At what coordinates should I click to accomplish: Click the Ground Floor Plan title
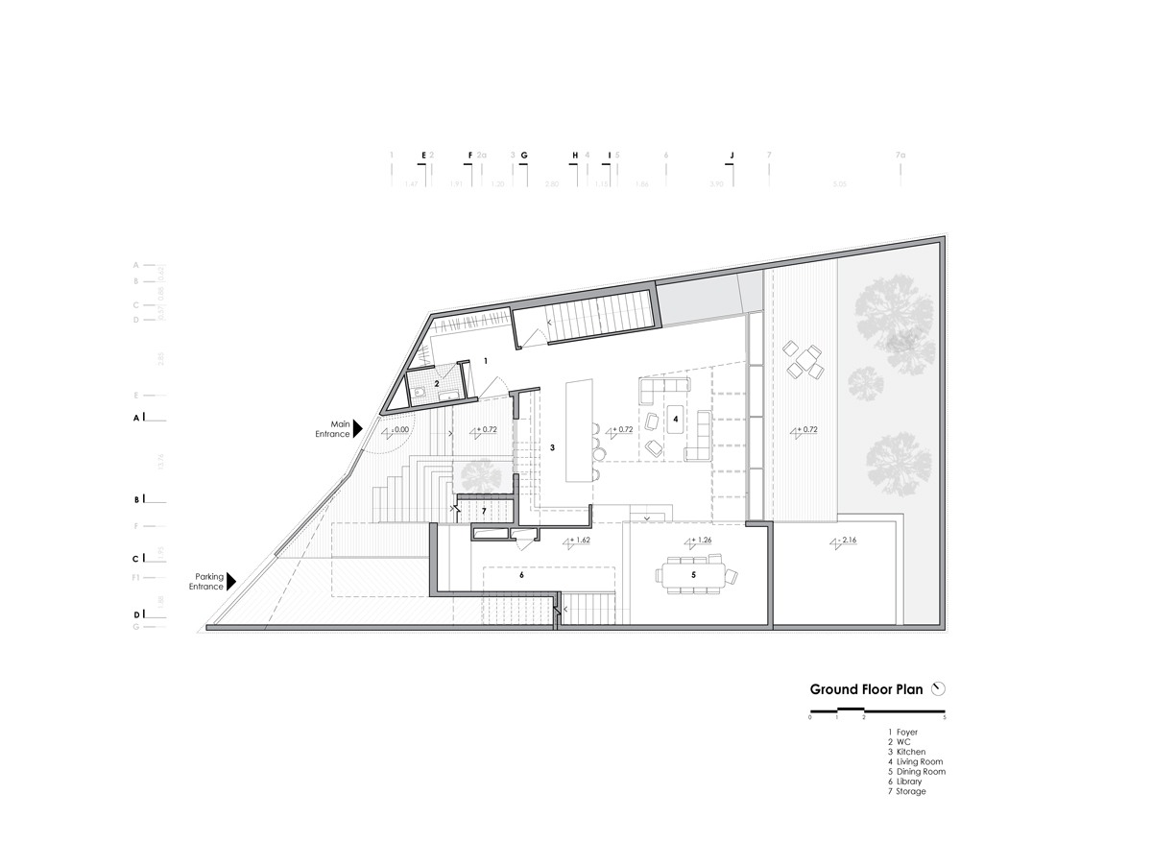(x=866, y=689)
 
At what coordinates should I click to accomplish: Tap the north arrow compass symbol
(x=939, y=688)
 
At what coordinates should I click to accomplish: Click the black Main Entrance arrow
(x=357, y=428)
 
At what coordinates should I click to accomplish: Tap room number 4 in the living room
(x=676, y=420)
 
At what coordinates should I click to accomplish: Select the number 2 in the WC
(x=437, y=384)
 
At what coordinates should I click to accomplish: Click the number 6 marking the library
(x=521, y=575)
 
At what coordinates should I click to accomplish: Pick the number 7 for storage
(x=485, y=510)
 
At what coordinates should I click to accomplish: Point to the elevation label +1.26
(x=703, y=540)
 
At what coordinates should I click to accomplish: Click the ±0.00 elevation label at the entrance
(x=398, y=431)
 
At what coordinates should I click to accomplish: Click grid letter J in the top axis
(x=732, y=155)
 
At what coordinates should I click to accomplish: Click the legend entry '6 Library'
(x=907, y=782)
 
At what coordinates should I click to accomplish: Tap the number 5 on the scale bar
(x=945, y=718)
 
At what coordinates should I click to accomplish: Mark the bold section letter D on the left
(x=137, y=613)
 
